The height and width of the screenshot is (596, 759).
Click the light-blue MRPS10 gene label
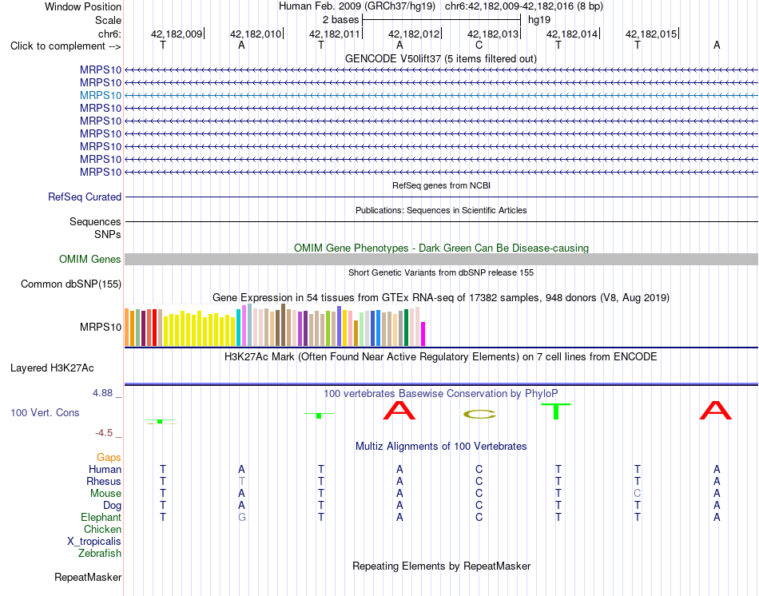pos(101,95)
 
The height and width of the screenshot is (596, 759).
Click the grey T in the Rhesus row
pos(241,481)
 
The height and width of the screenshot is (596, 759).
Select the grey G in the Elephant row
pos(241,517)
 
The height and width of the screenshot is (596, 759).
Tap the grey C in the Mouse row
pos(637,494)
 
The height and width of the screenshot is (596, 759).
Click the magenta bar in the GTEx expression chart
pos(423,334)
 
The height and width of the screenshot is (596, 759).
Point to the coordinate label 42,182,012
pos(414,34)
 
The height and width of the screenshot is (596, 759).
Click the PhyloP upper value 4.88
pos(102,392)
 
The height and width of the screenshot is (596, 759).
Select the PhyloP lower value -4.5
pos(104,433)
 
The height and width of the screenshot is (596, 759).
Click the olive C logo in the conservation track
pos(479,415)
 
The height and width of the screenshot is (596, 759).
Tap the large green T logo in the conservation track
pos(556,411)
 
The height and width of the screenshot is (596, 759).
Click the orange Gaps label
pos(109,458)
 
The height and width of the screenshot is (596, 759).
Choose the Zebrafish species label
pos(100,553)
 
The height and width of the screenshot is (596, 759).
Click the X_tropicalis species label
pos(94,542)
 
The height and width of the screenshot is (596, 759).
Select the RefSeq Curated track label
pos(85,197)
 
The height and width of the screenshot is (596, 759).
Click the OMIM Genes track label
pos(90,259)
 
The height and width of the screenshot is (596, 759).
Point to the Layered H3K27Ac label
pos(52,368)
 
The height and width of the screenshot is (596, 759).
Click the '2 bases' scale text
pos(341,20)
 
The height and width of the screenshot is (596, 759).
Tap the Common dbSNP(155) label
pos(71,284)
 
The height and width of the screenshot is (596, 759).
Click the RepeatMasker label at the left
pos(88,577)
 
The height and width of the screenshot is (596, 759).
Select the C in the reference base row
pos(479,46)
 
